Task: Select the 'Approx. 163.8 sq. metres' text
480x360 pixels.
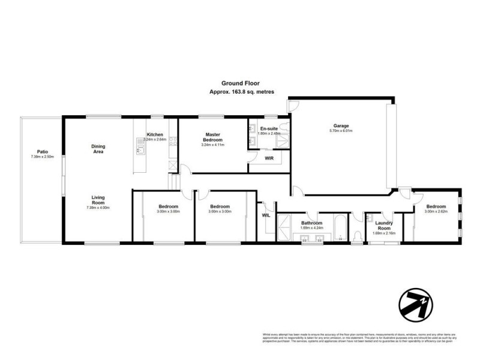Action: (x=239, y=92)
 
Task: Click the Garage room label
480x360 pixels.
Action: (x=340, y=125)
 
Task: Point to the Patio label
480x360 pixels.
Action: (x=42, y=152)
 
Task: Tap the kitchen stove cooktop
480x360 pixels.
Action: (x=172, y=142)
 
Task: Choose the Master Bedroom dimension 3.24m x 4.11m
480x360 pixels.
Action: (x=215, y=145)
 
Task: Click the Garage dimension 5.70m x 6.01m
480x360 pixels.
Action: (x=340, y=131)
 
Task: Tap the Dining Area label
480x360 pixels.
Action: (x=98, y=149)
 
